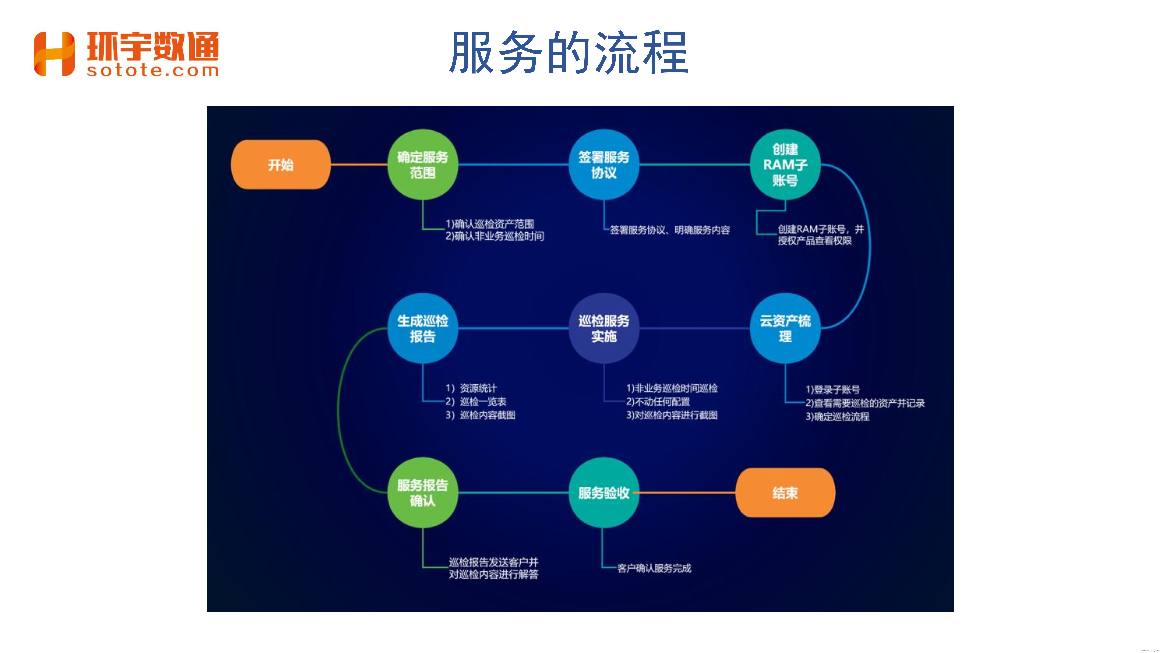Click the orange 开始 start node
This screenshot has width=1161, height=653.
pos(280,164)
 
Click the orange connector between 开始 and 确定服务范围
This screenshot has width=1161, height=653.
pos(359,164)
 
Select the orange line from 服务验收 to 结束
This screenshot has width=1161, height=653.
pos(687,493)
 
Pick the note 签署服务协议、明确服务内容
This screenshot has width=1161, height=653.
pos(670,230)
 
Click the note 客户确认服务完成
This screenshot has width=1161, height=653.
pos(654,568)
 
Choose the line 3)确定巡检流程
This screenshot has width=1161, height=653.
pos(837,416)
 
